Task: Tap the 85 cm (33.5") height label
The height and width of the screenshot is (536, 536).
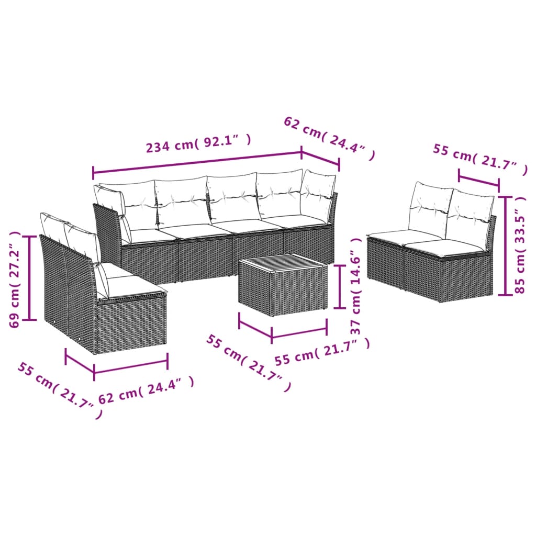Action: click(520, 246)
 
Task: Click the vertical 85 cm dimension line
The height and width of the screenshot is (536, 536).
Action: click(505, 245)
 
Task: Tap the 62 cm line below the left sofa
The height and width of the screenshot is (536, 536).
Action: click(131, 366)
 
